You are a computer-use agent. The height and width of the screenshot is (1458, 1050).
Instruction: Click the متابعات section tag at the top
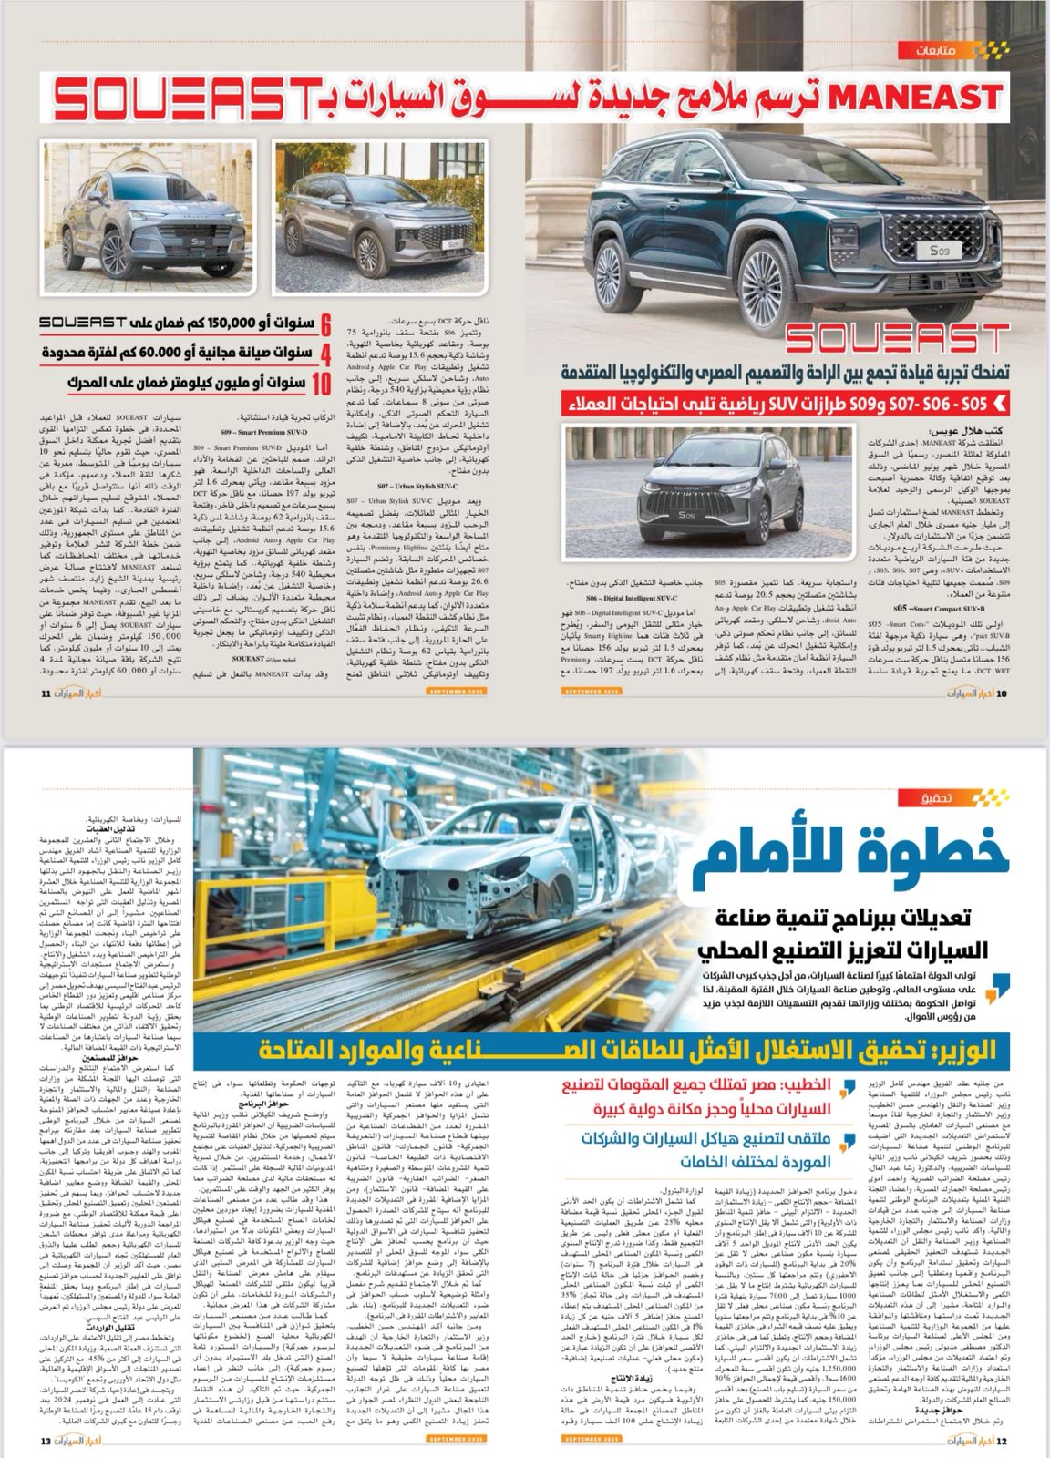coord(957,48)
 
